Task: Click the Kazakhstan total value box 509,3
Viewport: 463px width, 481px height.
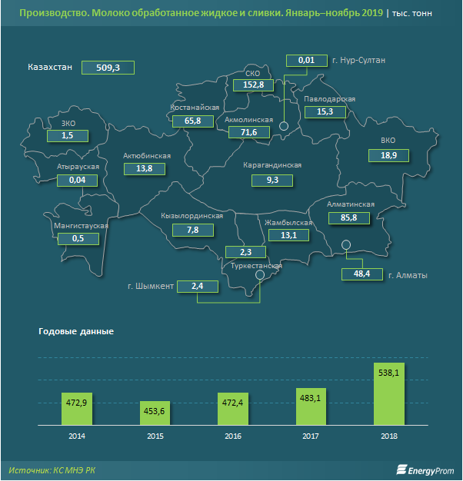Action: click(x=108, y=67)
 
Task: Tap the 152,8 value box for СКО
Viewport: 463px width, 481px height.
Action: click(x=253, y=85)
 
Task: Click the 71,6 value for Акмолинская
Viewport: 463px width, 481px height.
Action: click(x=248, y=133)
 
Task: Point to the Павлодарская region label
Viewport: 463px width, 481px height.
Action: click(x=329, y=100)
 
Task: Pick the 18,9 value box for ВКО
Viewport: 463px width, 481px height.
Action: click(x=388, y=155)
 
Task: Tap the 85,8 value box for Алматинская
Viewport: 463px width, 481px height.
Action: click(x=348, y=218)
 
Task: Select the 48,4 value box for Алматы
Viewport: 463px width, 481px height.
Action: click(x=361, y=274)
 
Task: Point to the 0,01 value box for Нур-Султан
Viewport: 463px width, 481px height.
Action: click(x=306, y=60)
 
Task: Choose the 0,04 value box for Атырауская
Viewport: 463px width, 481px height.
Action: click(x=77, y=180)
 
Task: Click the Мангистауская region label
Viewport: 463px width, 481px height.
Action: click(x=81, y=226)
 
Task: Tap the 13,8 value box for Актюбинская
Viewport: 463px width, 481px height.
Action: click(x=145, y=168)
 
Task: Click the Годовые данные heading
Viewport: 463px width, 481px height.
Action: click(x=75, y=331)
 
